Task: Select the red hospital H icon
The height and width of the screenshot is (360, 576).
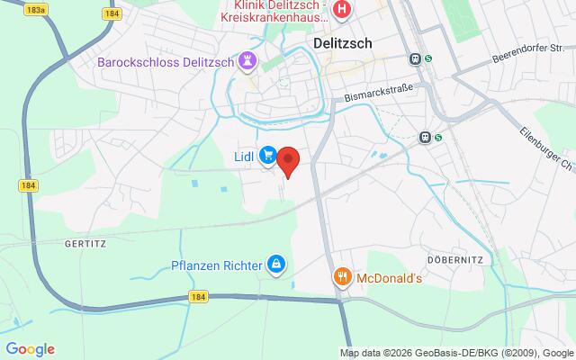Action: tap(342, 11)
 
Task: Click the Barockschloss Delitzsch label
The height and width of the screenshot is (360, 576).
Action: tap(168, 62)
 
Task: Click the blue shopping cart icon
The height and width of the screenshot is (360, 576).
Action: tap(267, 157)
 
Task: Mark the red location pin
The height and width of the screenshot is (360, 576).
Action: tap(288, 161)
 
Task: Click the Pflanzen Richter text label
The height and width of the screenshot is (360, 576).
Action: tap(217, 265)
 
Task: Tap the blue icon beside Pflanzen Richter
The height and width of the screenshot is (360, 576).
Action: tap(276, 265)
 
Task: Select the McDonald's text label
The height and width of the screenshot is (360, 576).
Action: tap(390, 277)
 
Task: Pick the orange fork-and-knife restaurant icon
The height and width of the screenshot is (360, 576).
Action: tap(342, 277)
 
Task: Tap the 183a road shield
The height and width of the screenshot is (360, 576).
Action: tap(37, 8)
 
